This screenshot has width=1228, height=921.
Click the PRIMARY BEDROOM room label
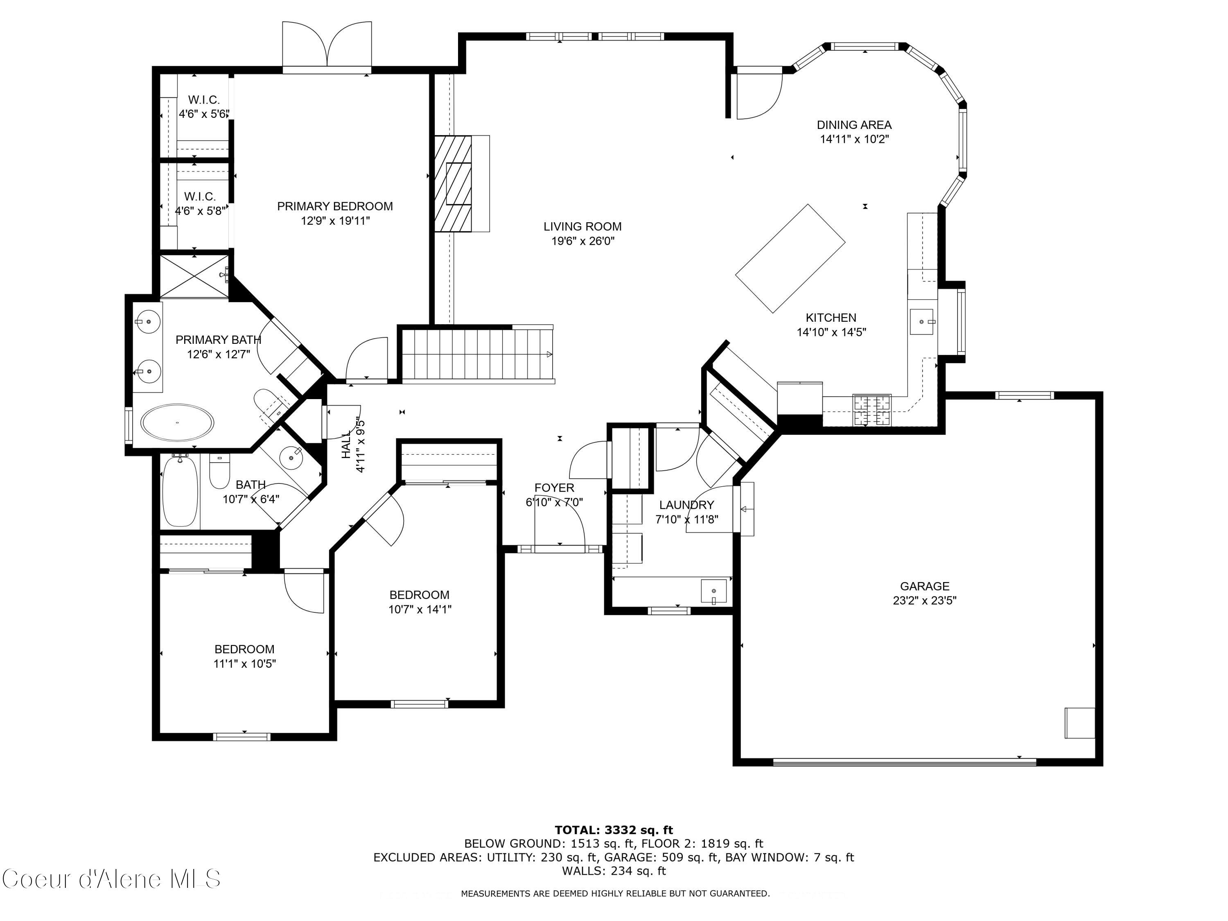click(x=335, y=206)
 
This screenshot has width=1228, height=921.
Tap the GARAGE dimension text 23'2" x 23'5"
click(x=924, y=600)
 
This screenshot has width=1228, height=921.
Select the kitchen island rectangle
click(x=790, y=258)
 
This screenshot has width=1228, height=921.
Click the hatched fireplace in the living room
click(x=452, y=184)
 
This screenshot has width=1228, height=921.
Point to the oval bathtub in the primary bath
click(x=177, y=422)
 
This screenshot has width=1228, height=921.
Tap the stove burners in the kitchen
click(x=871, y=410)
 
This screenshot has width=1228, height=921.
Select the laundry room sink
click(x=713, y=591)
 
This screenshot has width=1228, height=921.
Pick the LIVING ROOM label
click(x=582, y=226)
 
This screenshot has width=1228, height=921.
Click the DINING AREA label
click(x=854, y=125)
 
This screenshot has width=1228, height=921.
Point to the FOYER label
click(x=554, y=488)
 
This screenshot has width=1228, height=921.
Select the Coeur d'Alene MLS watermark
click(x=111, y=879)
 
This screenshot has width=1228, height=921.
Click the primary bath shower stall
click(x=194, y=276)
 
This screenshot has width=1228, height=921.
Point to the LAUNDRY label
click(x=686, y=505)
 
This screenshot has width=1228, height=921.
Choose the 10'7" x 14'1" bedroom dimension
click(x=420, y=609)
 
